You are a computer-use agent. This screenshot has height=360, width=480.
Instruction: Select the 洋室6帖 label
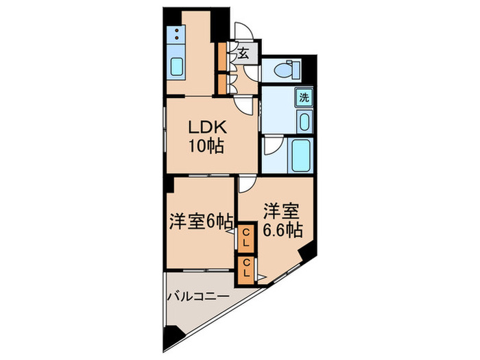(199, 221)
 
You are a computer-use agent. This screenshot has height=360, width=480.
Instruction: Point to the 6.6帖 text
(282, 230)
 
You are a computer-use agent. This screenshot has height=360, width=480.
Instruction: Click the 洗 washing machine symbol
(304, 97)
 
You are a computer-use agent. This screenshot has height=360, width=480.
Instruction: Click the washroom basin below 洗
(304, 121)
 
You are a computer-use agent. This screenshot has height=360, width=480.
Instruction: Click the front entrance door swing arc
(244, 31)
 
